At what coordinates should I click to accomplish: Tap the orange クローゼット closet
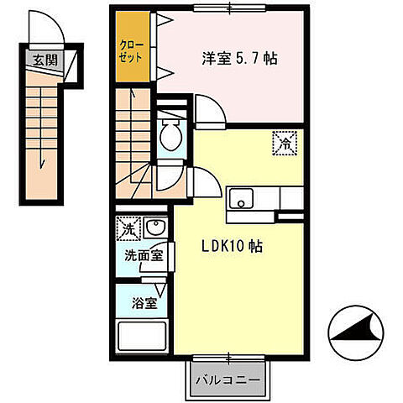[x=133, y=52]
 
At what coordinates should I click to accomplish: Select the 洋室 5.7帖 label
[x=239, y=60]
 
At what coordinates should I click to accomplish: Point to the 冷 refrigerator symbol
[x=283, y=143]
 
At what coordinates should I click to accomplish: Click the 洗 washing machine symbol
[x=128, y=228]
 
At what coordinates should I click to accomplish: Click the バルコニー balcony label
[x=228, y=379]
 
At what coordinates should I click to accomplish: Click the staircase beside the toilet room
[x=133, y=143]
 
